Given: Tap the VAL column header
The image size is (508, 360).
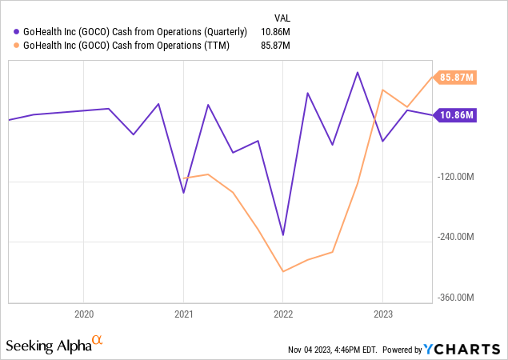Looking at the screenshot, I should click(282, 16).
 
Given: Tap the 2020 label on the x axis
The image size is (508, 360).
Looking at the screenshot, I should click(84, 314).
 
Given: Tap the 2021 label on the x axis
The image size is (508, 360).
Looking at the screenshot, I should click(184, 314).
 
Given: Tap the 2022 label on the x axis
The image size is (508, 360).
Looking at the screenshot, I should click(283, 314).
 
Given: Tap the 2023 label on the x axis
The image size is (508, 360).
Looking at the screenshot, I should click(382, 314).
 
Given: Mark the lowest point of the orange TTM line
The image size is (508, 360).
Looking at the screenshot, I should click(283, 271).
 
